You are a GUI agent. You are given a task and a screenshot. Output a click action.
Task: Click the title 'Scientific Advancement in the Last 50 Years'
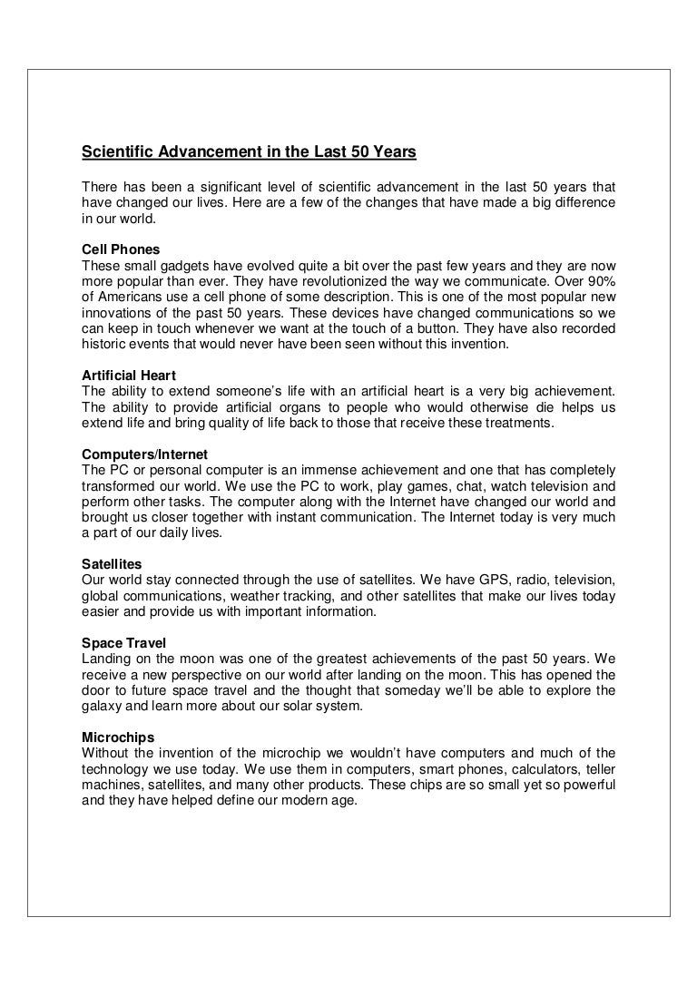pos(249,152)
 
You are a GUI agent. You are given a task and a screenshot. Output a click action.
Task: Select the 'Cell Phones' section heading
pos(121,249)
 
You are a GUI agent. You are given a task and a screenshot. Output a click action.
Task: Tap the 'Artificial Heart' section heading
pos(129,375)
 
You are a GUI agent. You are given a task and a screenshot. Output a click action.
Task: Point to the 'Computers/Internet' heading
pos(144,453)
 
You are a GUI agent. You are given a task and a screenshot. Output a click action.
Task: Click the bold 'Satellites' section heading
pos(112,563)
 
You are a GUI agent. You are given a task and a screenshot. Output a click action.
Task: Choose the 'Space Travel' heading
pos(123,643)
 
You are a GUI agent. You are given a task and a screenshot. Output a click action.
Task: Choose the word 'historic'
pos(104,344)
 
